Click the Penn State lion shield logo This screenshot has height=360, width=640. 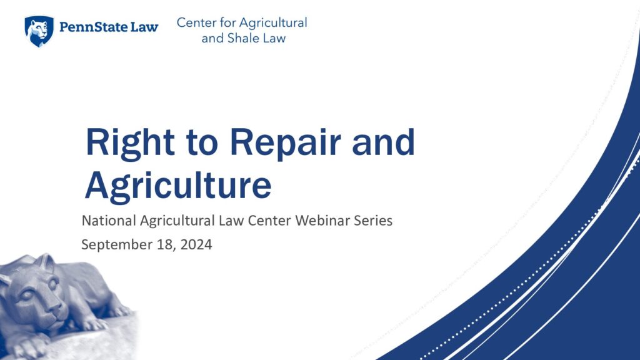[39, 31]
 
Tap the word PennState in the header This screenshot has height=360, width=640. [93, 27]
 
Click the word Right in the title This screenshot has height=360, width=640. [130, 142]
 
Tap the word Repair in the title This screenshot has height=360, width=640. [285, 143]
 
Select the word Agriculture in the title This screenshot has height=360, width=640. [178, 186]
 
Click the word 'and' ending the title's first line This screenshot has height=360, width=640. [383, 142]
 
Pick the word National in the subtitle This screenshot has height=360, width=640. [109, 221]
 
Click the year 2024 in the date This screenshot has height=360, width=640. [196, 244]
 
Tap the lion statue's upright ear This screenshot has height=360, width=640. [46, 262]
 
